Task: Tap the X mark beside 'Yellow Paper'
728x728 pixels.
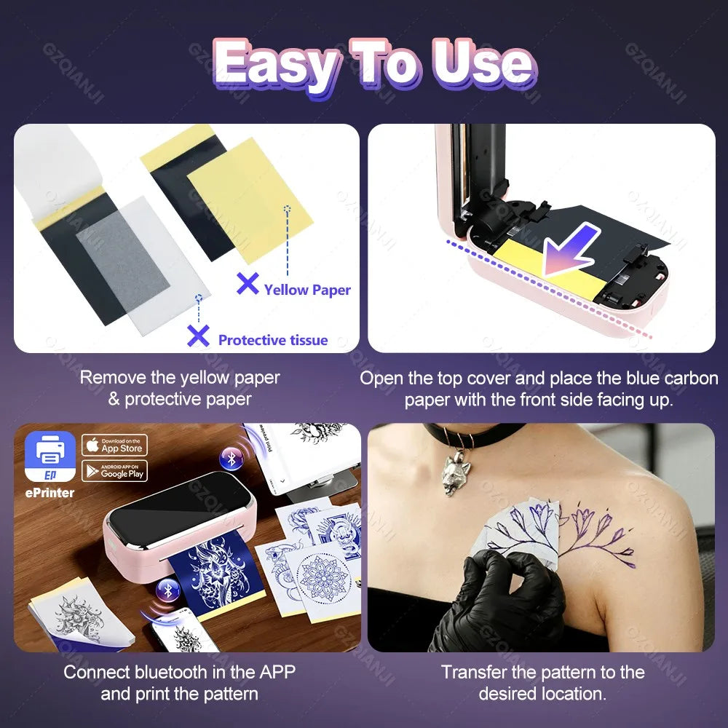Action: pyautogui.click(x=248, y=283)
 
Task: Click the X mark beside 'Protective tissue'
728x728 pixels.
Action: pyautogui.click(x=198, y=336)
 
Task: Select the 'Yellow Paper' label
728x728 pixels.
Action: pyautogui.click(x=307, y=290)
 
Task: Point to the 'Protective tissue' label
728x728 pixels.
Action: pyautogui.click(x=273, y=340)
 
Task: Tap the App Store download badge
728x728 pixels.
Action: pyautogui.click(x=115, y=446)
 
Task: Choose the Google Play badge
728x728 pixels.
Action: pyautogui.click(x=115, y=471)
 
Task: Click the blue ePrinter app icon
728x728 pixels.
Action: pyautogui.click(x=50, y=456)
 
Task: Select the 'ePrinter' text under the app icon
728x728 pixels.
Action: pyautogui.click(x=50, y=493)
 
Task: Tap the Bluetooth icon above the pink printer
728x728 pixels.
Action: pyautogui.click(x=232, y=459)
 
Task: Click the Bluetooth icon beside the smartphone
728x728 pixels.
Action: pyautogui.click(x=168, y=591)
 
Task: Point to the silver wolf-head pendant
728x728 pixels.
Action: pyautogui.click(x=456, y=475)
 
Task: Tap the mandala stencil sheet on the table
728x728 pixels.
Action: pyautogui.click(x=322, y=580)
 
